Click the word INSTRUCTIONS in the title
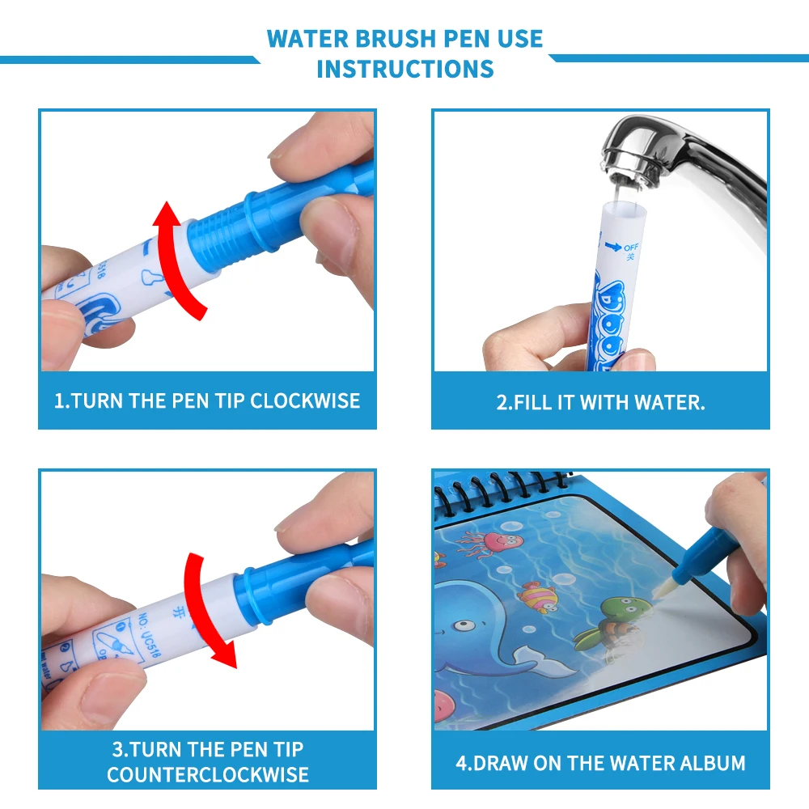[404, 69]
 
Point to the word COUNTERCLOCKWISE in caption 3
[207, 774]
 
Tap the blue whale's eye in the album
[468, 626]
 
